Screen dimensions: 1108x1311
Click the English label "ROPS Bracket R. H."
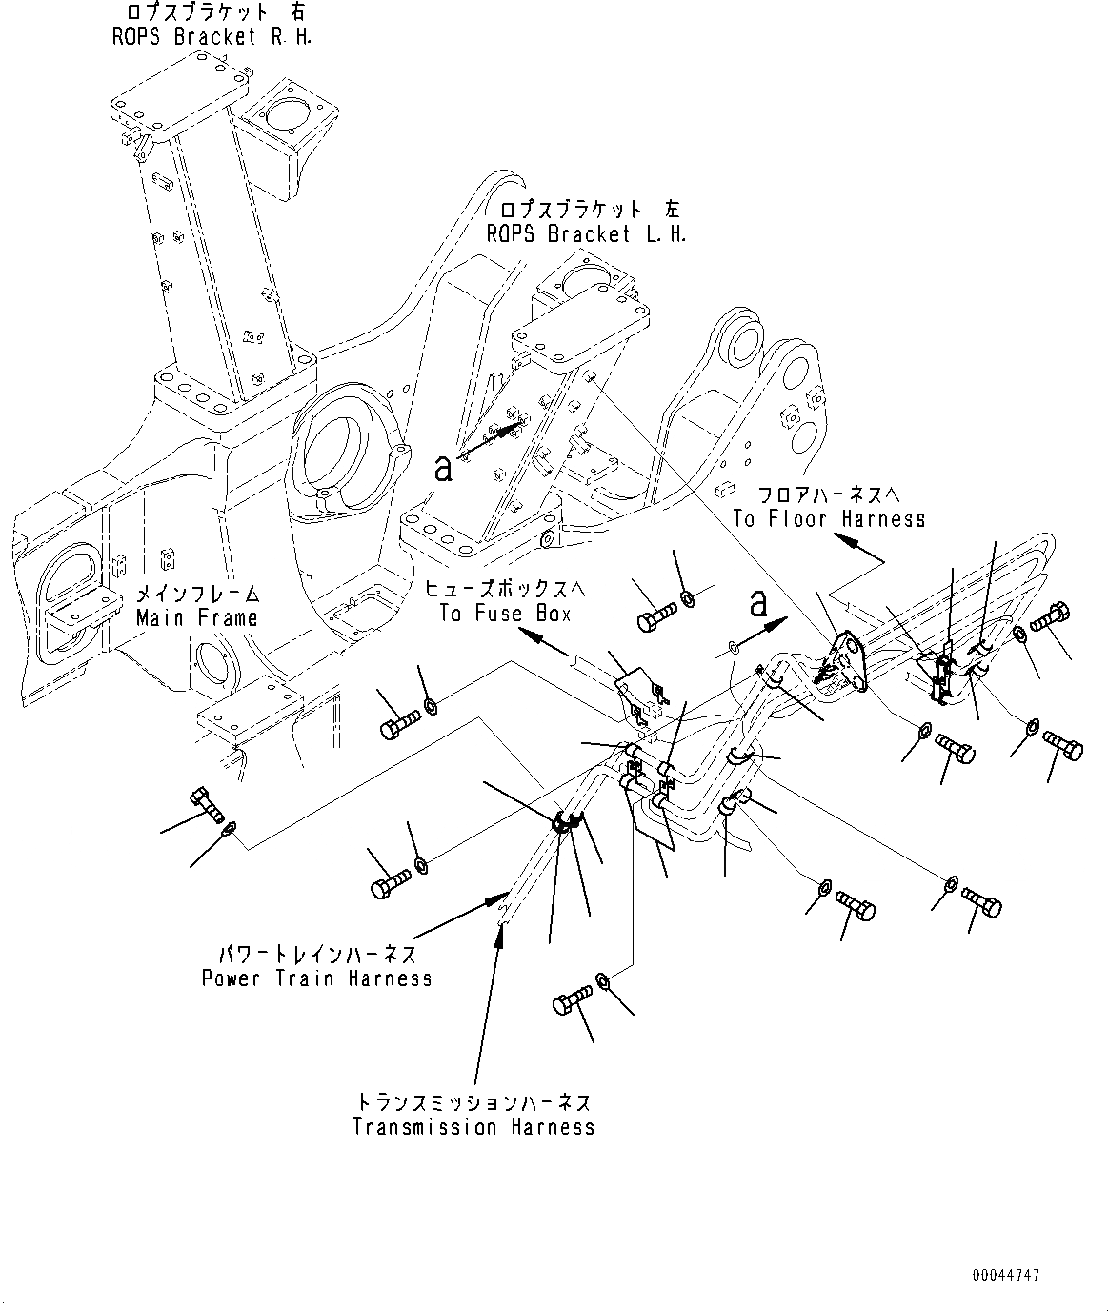(x=212, y=37)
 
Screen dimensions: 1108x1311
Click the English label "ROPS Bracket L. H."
(x=587, y=234)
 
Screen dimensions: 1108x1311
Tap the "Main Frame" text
(x=197, y=617)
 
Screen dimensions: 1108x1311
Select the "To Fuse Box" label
(x=506, y=614)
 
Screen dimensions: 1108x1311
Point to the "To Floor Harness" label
(x=830, y=519)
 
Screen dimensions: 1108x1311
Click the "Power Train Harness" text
(x=317, y=978)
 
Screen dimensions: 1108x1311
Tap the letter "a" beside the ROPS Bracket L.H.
(x=443, y=470)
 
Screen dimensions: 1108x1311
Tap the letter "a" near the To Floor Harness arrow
(x=758, y=603)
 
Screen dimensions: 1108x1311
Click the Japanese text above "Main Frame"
(x=198, y=595)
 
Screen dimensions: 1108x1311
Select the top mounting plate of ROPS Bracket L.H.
(x=580, y=330)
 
